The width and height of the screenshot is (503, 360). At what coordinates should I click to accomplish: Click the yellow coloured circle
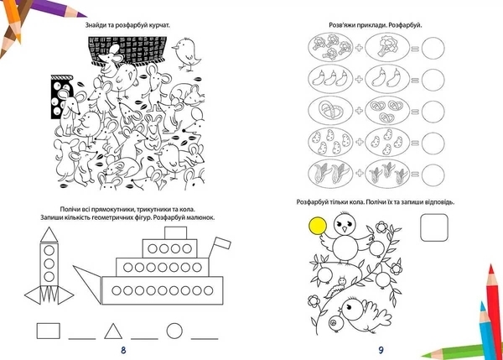318,226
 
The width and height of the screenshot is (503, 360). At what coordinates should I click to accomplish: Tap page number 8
123,350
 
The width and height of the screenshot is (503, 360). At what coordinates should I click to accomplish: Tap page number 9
381,350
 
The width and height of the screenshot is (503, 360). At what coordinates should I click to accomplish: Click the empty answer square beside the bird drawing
434,227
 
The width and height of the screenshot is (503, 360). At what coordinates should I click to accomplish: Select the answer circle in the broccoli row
433,48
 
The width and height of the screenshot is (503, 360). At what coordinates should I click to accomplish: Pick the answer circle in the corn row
433,175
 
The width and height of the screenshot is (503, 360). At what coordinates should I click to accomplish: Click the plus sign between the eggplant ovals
359,79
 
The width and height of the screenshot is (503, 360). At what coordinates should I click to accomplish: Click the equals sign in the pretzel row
415,112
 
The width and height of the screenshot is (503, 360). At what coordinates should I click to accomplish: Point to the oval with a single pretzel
330,111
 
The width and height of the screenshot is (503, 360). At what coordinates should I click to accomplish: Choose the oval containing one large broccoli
387,48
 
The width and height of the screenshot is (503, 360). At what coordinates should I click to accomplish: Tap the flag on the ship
222,243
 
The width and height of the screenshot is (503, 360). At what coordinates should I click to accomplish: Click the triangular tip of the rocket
49,234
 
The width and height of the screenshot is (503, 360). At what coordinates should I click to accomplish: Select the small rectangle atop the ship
175,232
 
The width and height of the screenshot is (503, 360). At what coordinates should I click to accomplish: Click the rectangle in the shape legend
48,331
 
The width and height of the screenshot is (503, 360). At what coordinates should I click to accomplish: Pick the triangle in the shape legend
113,331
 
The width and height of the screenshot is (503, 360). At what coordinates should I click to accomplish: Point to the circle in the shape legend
174,331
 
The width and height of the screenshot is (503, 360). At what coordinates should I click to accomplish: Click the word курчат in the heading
158,25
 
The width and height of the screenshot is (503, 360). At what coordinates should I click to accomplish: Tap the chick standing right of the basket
186,54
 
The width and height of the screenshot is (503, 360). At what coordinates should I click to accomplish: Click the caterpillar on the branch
335,288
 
